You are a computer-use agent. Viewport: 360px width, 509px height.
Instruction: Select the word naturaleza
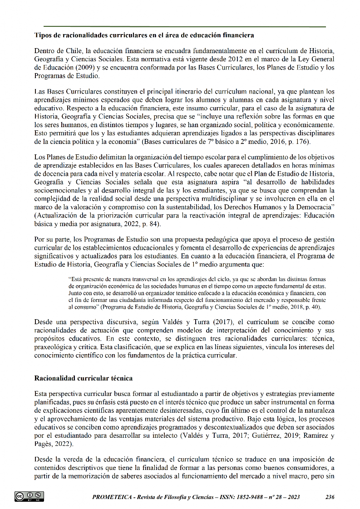click(x=316, y=411)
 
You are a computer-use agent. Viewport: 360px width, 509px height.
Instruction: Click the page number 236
click(x=330, y=497)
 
